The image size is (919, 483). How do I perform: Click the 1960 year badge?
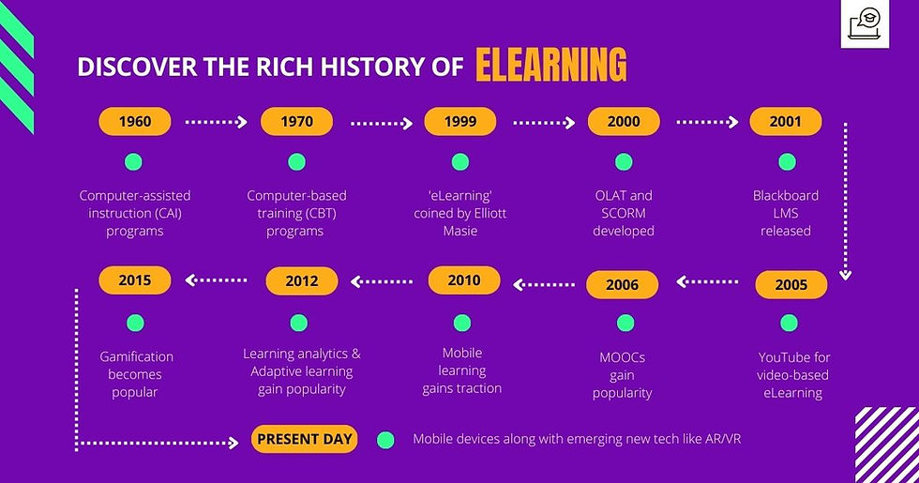(x=135, y=121)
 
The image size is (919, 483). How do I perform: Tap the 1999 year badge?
(x=460, y=121)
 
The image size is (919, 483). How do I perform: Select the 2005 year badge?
(x=791, y=285)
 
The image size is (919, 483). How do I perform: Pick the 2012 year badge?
(x=302, y=280)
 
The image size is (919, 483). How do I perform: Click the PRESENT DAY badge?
(x=304, y=439)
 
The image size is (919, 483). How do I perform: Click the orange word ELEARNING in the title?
(x=550, y=66)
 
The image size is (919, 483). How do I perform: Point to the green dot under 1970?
(x=297, y=162)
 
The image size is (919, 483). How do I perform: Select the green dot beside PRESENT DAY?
(x=384, y=439)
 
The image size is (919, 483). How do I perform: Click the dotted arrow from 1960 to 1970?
(x=216, y=121)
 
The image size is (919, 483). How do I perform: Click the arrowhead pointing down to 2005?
(x=846, y=275)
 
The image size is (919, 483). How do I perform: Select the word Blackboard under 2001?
(x=786, y=196)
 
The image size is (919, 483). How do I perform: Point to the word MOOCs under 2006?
(x=623, y=357)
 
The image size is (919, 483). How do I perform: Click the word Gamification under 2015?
(x=136, y=356)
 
